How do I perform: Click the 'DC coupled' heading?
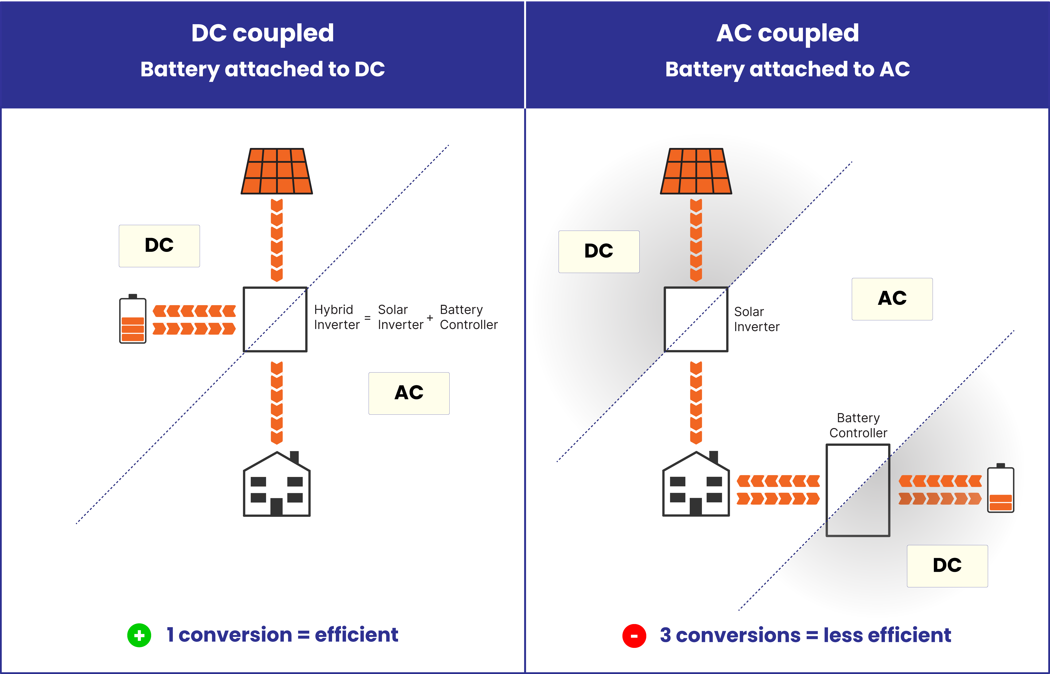pos(263,33)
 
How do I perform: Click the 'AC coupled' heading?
pos(787,33)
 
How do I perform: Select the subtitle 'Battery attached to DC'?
pos(263,69)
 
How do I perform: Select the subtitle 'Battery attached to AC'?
pos(787,69)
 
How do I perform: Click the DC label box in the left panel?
pos(159,246)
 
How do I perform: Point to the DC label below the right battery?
pos(947,565)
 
